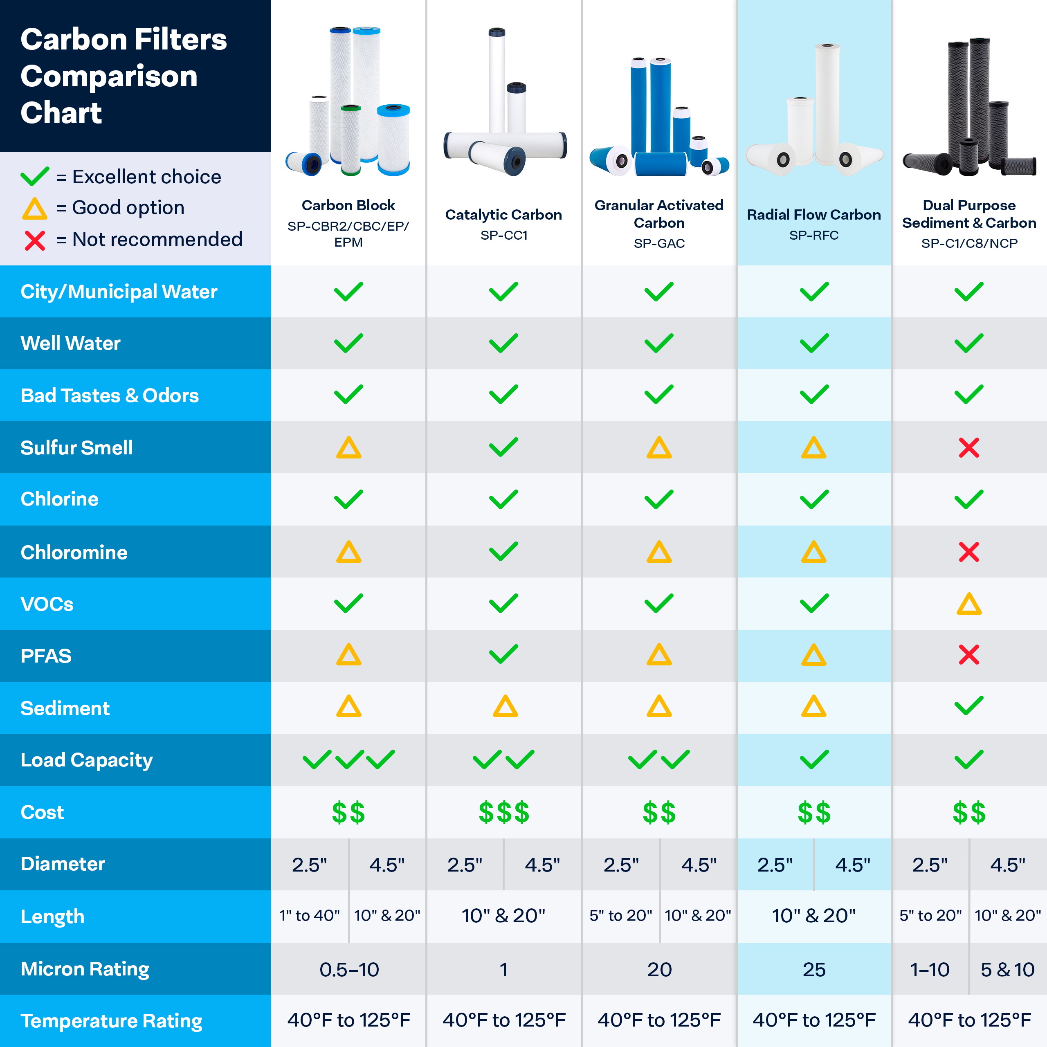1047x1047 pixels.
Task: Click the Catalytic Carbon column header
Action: [503, 215]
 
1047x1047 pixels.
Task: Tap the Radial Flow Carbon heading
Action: [813, 215]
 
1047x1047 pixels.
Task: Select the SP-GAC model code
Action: [659, 243]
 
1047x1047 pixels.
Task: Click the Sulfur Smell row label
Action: [76, 447]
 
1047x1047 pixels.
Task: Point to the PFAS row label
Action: [46, 656]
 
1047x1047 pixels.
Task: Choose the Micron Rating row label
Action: [85, 968]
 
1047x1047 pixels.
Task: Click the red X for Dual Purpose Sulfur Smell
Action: [968, 447]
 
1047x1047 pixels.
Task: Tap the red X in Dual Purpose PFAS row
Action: [968, 655]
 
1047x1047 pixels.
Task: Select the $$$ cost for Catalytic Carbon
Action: [503, 812]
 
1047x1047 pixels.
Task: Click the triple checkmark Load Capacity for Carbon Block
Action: [348, 759]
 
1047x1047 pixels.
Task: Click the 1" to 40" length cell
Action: [310, 915]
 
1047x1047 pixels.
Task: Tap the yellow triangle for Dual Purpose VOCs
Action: [969, 604]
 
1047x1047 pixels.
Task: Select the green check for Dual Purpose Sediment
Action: [968, 705]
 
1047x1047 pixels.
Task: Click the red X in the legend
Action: [35, 240]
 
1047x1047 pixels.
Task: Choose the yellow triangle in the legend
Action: [35, 209]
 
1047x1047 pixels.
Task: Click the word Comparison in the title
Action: [109, 76]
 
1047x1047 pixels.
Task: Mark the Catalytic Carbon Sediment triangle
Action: [505, 707]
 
